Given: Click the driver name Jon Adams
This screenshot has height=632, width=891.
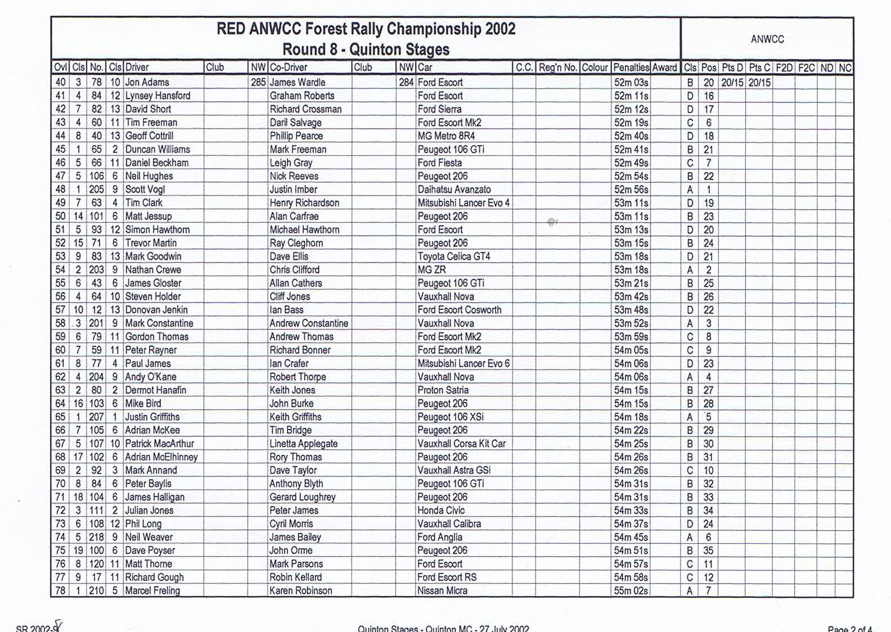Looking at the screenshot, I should [x=147, y=82].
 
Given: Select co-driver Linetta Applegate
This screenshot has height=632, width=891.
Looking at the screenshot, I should [x=303, y=444].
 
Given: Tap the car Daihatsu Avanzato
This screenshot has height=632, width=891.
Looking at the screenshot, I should [x=454, y=189].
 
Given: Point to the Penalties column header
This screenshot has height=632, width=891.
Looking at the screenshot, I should [x=631, y=67].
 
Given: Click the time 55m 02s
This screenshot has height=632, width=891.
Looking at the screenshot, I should [x=631, y=591].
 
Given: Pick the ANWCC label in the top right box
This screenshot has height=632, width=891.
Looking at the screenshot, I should [x=767, y=39].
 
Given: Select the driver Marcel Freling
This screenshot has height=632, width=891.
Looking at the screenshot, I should [x=152, y=591].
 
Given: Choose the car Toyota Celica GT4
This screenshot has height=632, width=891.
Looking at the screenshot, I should [x=453, y=256].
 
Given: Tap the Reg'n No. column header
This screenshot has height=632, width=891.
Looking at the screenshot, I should [x=557, y=67].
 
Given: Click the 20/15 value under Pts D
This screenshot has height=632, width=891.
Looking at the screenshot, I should [x=732, y=83].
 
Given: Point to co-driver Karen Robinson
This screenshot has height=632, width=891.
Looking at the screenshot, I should [x=300, y=591].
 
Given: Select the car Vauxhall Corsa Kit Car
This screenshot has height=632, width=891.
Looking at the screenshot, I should [x=461, y=444].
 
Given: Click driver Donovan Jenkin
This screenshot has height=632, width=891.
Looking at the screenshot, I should [x=156, y=310].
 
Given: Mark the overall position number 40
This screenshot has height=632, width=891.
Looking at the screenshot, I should [x=60, y=82].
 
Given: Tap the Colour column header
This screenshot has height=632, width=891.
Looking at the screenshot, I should [x=595, y=67].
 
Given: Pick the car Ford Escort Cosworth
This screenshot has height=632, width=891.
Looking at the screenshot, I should [x=459, y=310].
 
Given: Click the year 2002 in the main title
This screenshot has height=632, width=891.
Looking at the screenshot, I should [x=496, y=29].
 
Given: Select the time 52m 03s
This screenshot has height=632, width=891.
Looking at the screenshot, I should [x=631, y=82].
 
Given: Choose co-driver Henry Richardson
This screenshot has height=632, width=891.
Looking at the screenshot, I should [x=304, y=203].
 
